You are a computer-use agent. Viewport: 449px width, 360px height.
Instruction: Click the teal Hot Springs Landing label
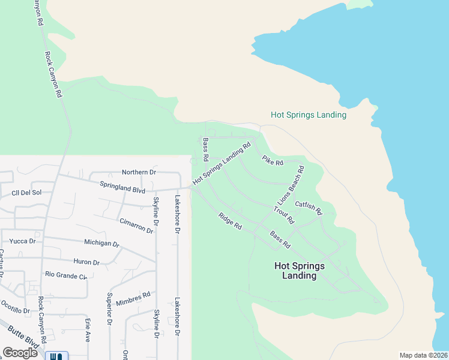tap(309, 115)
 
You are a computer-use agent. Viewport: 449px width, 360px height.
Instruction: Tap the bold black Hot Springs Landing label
tap(299, 271)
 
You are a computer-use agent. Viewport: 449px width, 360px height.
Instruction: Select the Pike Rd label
tap(273, 160)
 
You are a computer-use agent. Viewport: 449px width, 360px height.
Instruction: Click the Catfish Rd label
tap(309, 208)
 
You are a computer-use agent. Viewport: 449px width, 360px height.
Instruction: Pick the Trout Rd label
tap(283, 215)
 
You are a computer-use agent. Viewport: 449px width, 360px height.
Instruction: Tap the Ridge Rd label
tap(230, 222)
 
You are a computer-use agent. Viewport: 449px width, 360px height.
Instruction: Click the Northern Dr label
tap(139, 172)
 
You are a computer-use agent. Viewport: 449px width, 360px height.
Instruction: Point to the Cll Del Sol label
tap(26, 193)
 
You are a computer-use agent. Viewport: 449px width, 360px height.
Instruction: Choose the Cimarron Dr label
tap(136, 226)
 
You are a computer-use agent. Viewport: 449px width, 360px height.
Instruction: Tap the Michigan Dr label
tap(101, 244)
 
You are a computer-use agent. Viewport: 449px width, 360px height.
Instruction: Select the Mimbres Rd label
tap(133, 298)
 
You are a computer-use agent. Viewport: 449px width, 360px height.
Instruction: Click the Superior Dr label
tap(110, 308)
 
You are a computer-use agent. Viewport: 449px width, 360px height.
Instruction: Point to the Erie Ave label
tap(88, 330)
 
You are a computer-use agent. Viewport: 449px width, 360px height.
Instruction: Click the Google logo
tap(20, 353)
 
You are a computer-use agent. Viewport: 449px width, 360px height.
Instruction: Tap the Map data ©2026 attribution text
tap(423, 355)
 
